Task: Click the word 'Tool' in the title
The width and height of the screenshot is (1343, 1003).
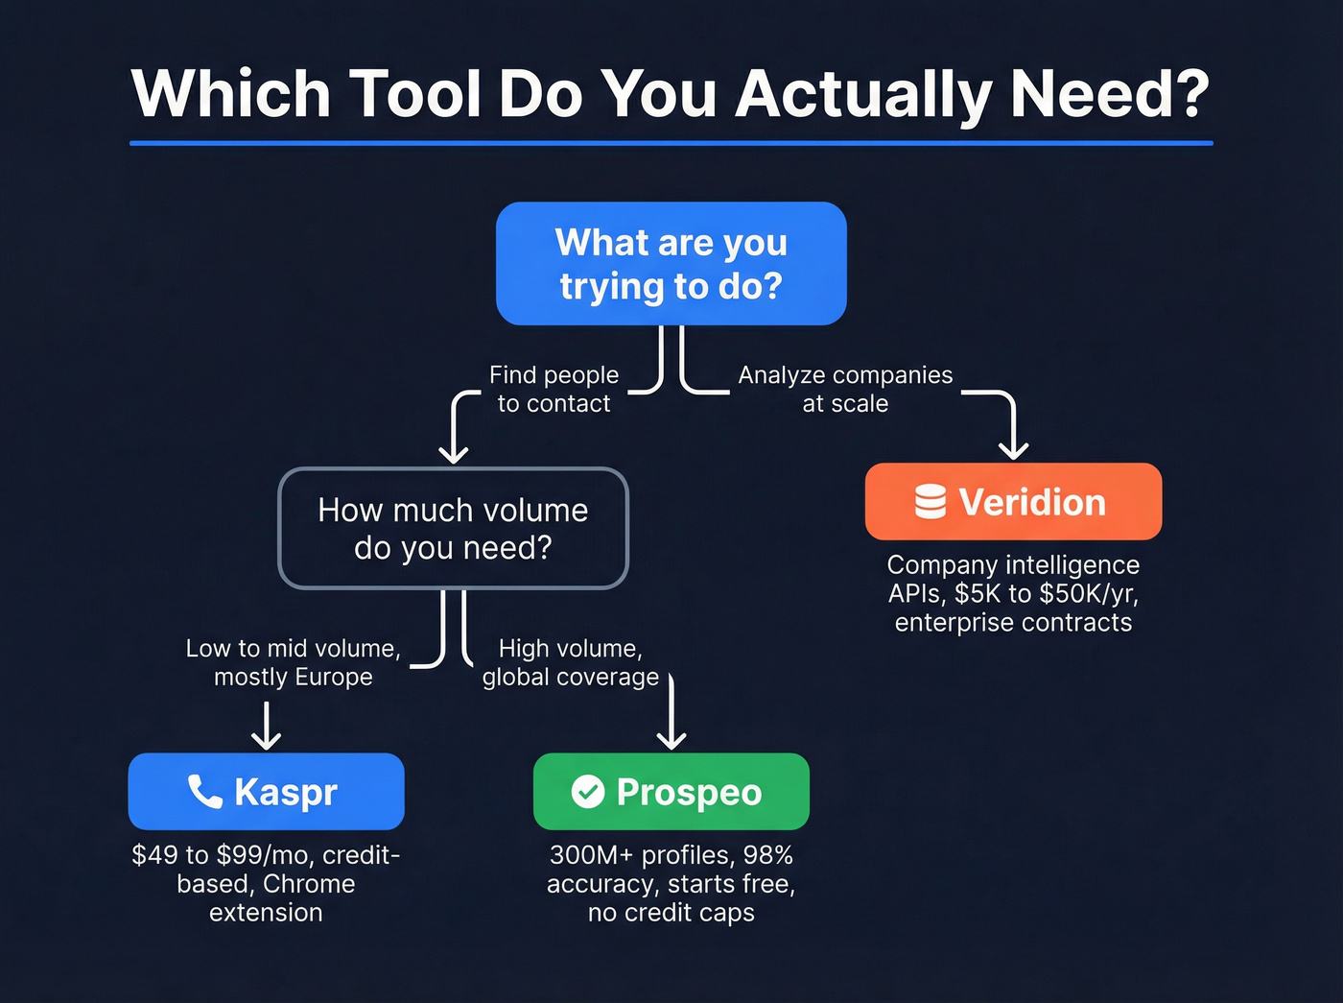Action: click(x=414, y=94)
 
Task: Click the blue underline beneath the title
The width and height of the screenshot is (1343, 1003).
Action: click(x=671, y=143)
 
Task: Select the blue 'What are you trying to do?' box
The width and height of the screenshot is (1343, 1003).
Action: click(x=671, y=264)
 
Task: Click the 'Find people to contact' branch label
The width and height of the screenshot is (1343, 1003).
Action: click(x=554, y=389)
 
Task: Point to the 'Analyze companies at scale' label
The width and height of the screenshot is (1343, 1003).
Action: click(x=845, y=389)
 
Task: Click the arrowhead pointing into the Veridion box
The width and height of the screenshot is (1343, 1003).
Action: click(x=1013, y=448)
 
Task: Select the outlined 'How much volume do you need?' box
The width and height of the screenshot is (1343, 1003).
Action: click(x=453, y=529)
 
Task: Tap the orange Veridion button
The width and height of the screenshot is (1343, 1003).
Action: click(x=1013, y=501)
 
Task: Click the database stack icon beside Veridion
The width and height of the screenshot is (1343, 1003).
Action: click(x=930, y=501)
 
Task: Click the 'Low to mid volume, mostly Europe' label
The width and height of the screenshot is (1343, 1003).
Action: click(x=293, y=662)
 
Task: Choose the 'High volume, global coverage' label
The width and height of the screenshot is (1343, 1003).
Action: click(x=571, y=662)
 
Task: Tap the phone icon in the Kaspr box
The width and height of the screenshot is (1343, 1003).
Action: click(x=204, y=791)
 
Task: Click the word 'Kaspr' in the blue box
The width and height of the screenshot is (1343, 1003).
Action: click(x=286, y=793)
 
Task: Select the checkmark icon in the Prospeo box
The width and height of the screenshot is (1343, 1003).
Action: click(x=588, y=792)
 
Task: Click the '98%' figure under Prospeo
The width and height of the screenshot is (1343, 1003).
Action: click(x=767, y=855)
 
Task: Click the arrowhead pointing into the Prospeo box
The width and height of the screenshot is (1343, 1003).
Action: click(x=671, y=738)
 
